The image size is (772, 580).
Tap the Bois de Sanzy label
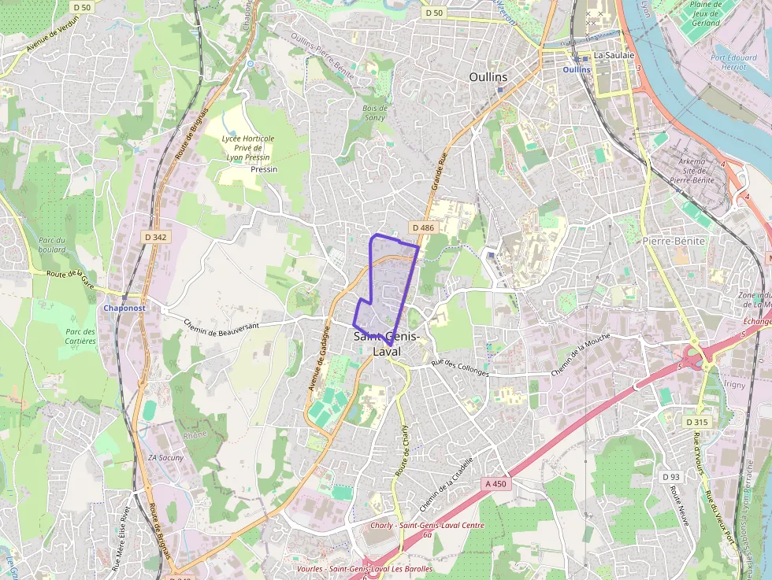(x=374, y=113)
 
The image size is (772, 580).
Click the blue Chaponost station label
(x=124, y=308)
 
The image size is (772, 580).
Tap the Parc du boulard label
(x=51, y=245)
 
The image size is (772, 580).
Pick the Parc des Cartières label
(x=80, y=337)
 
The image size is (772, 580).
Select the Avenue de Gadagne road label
(x=319, y=360)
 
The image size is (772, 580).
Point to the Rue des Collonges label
(x=461, y=368)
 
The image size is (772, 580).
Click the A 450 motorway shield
(x=496, y=483)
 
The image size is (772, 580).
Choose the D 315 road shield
(x=696, y=422)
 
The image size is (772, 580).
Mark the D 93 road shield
(x=671, y=477)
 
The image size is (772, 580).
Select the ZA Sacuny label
(x=165, y=457)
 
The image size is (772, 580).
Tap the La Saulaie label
(x=614, y=55)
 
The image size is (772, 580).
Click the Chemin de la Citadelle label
(x=446, y=482)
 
